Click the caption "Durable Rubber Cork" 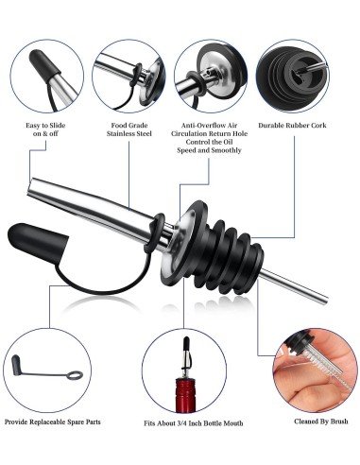click(292, 126)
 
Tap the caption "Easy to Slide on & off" click(45, 129)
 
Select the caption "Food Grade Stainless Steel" click(129, 129)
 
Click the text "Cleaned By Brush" click(321, 422)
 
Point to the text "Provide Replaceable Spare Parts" click(53, 422)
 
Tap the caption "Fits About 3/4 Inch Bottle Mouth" click(194, 423)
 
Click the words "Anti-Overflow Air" click(209, 126)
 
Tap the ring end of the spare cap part click(75, 375)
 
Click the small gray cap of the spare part click(16, 365)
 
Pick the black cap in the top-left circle click(43, 65)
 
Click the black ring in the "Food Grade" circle click(136, 75)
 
